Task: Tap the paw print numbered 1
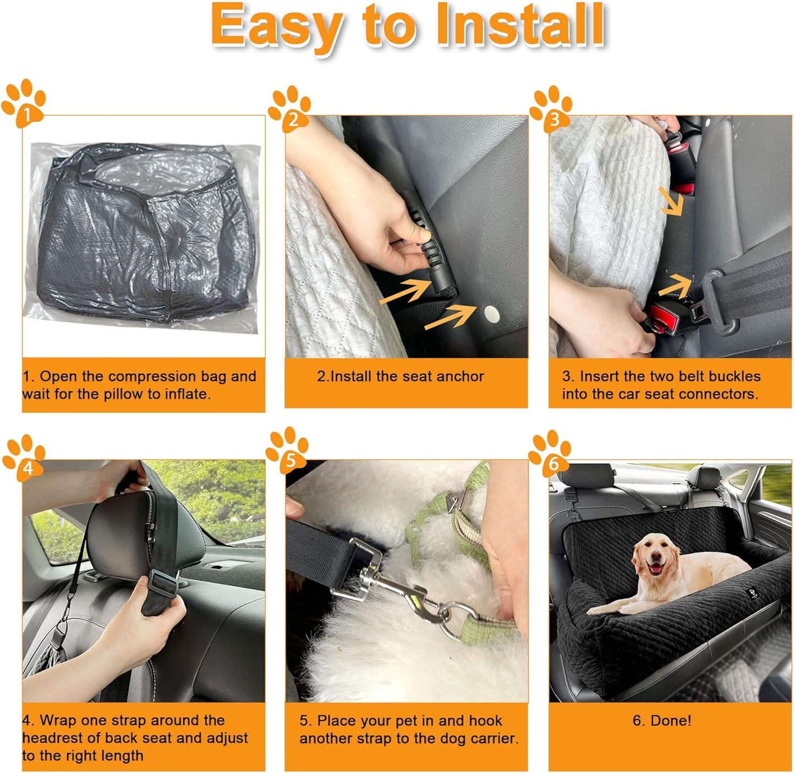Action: point(24,104)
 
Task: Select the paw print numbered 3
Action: point(551,108)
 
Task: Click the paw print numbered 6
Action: point(550,454)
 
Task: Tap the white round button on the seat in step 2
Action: point(491,315)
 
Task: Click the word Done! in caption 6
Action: point(662,721)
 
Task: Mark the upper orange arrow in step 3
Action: point(672,202)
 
